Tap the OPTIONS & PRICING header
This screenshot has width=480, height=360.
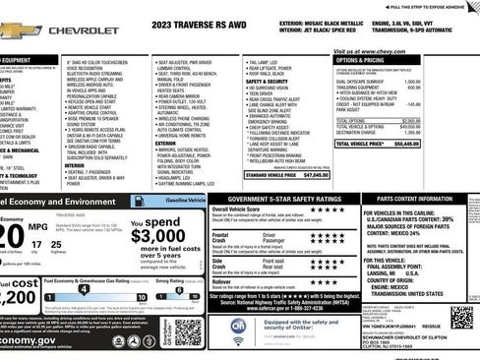click(x=362, y=61)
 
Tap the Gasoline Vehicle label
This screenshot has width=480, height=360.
click(x=185, y=200)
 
